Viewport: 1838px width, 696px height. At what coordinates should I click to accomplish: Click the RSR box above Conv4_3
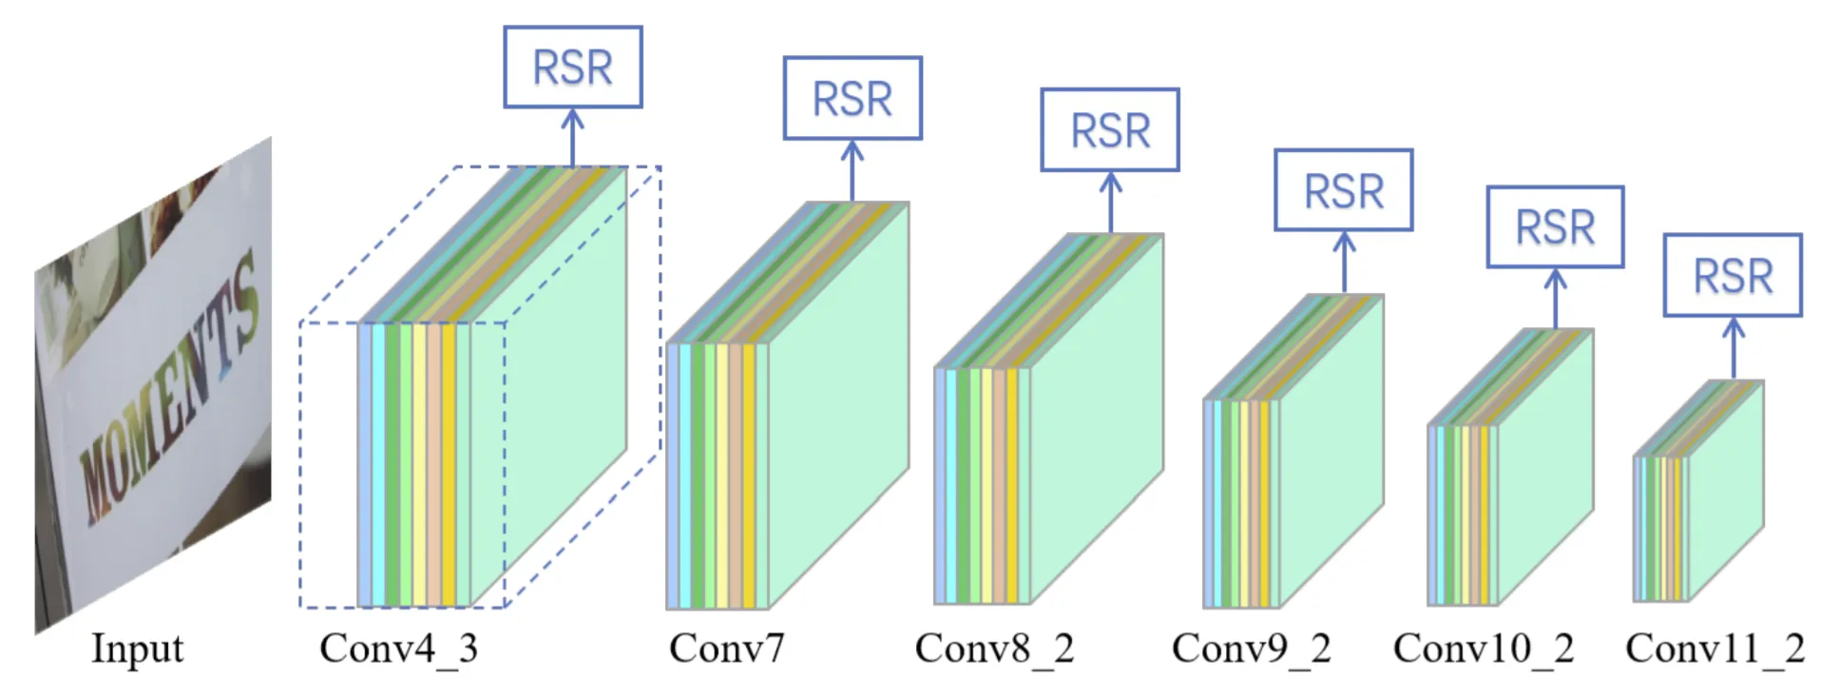pyautogui.click(x=572, y=67)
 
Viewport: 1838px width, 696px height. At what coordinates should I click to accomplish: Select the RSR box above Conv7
pyautogui.click(x=852, y=98)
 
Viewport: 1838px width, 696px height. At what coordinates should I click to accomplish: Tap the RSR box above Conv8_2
pyautogui.click(x=1110, y=130)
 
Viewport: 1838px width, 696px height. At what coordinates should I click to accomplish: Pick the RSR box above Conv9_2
pyautogui.click(x=1343, y=190)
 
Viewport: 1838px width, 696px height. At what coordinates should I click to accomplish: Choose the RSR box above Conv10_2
pyautogui.click(x=1555, y=227)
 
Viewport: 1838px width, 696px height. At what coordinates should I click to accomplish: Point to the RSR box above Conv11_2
pyautogui.click(x=1733, y=276)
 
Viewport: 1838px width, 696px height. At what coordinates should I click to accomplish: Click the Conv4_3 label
pyautogui.click(x=398, y=649)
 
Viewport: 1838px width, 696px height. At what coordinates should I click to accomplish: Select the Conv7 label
pyautogui.click(x=726, y=649)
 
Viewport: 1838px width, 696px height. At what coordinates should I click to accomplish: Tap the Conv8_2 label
pyautogui.click(x=994, y=649)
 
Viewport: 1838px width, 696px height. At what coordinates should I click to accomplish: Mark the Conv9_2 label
pyautogui.click(x=1251, y=649)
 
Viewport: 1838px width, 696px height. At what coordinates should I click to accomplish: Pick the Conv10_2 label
pyautogui.click(x=1484, y=649)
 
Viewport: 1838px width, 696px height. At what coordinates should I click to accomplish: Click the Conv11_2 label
pyautogui.click(x=1714, y=649)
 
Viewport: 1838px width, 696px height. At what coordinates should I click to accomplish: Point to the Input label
pyautogui.click(x=137, y=649)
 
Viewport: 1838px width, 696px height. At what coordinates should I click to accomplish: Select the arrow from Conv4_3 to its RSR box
pyautogui.click(x=572, y=137)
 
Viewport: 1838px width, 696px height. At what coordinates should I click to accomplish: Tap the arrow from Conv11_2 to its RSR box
pyautogui.click(x=1733, y=348)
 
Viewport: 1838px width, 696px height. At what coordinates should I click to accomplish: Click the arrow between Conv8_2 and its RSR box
pyautogui.click(x=1110, y=202)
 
